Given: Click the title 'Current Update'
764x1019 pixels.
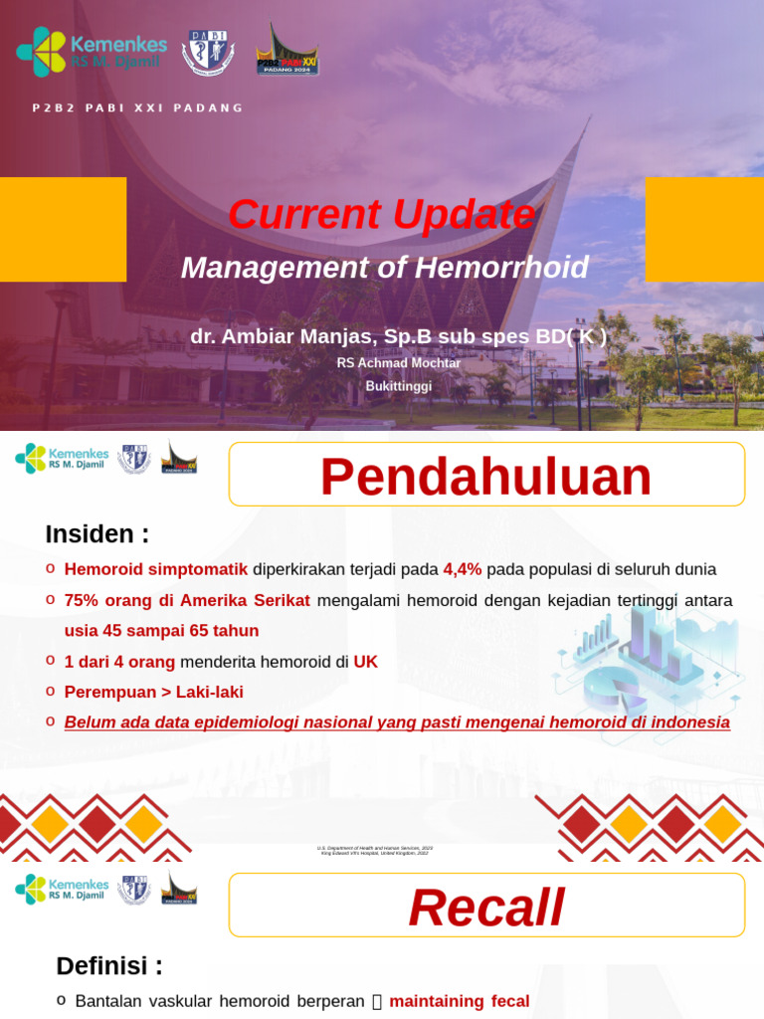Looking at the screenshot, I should [x=381, y=215].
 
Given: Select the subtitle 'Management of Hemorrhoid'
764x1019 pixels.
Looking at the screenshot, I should [x=384, y=268].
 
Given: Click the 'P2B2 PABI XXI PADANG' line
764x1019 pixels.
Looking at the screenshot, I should [x=137, y=107].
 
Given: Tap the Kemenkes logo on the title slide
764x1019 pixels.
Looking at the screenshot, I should [x=92, y=52].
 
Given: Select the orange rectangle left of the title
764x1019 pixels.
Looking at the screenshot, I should [x=63, y=229].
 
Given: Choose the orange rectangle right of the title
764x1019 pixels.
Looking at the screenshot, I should [x=704, y=229].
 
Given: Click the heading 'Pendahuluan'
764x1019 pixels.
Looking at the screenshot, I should [x=485, y=477].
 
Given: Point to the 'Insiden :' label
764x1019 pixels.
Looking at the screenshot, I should [x=96, y=534].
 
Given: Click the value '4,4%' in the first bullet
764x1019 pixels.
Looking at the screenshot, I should [x=463, y=569].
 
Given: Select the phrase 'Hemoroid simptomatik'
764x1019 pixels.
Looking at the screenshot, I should [x=156, y=569].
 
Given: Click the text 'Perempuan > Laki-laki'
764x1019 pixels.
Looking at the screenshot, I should [x=153, y=692].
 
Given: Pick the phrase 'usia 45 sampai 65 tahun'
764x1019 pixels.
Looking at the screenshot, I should [x=161, y=631].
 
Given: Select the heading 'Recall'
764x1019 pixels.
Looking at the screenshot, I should [x=485, y=908].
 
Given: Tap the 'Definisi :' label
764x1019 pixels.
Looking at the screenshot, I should [x=109, y=966].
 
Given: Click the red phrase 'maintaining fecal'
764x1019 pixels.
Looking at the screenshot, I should [x=459, y=1001].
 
